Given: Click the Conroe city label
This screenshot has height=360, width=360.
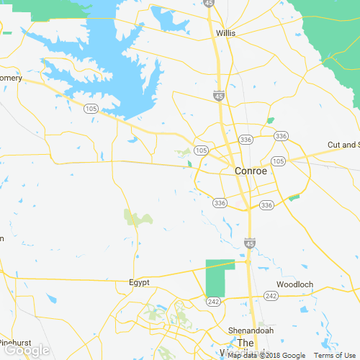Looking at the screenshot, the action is [x=251, y=171].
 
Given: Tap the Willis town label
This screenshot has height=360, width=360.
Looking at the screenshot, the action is [x=226, y=33].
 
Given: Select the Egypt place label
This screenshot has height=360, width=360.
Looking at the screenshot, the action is [x=139, y=283].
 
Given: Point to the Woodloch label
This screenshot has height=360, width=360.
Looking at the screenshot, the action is [x=295, y=284].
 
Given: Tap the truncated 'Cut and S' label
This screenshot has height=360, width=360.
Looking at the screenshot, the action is [x=343, y=145].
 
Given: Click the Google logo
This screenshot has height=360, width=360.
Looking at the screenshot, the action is [x=27, y=351].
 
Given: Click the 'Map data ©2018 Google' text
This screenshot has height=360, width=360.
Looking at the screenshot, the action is [x=266, y=355].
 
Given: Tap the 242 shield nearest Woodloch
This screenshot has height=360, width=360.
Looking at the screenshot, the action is [x=271, y=296].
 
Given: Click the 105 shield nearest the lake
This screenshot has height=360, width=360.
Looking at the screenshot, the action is [x=90, y=109].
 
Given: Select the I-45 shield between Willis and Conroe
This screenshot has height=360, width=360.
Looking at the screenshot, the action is [x=219, y=95].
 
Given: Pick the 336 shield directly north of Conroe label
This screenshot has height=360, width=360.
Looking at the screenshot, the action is [x=246, y=139].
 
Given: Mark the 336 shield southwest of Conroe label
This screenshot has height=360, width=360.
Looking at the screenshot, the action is [x=220, y=203].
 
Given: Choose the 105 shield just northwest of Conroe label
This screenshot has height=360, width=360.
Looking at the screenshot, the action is [x=201, y=150].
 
